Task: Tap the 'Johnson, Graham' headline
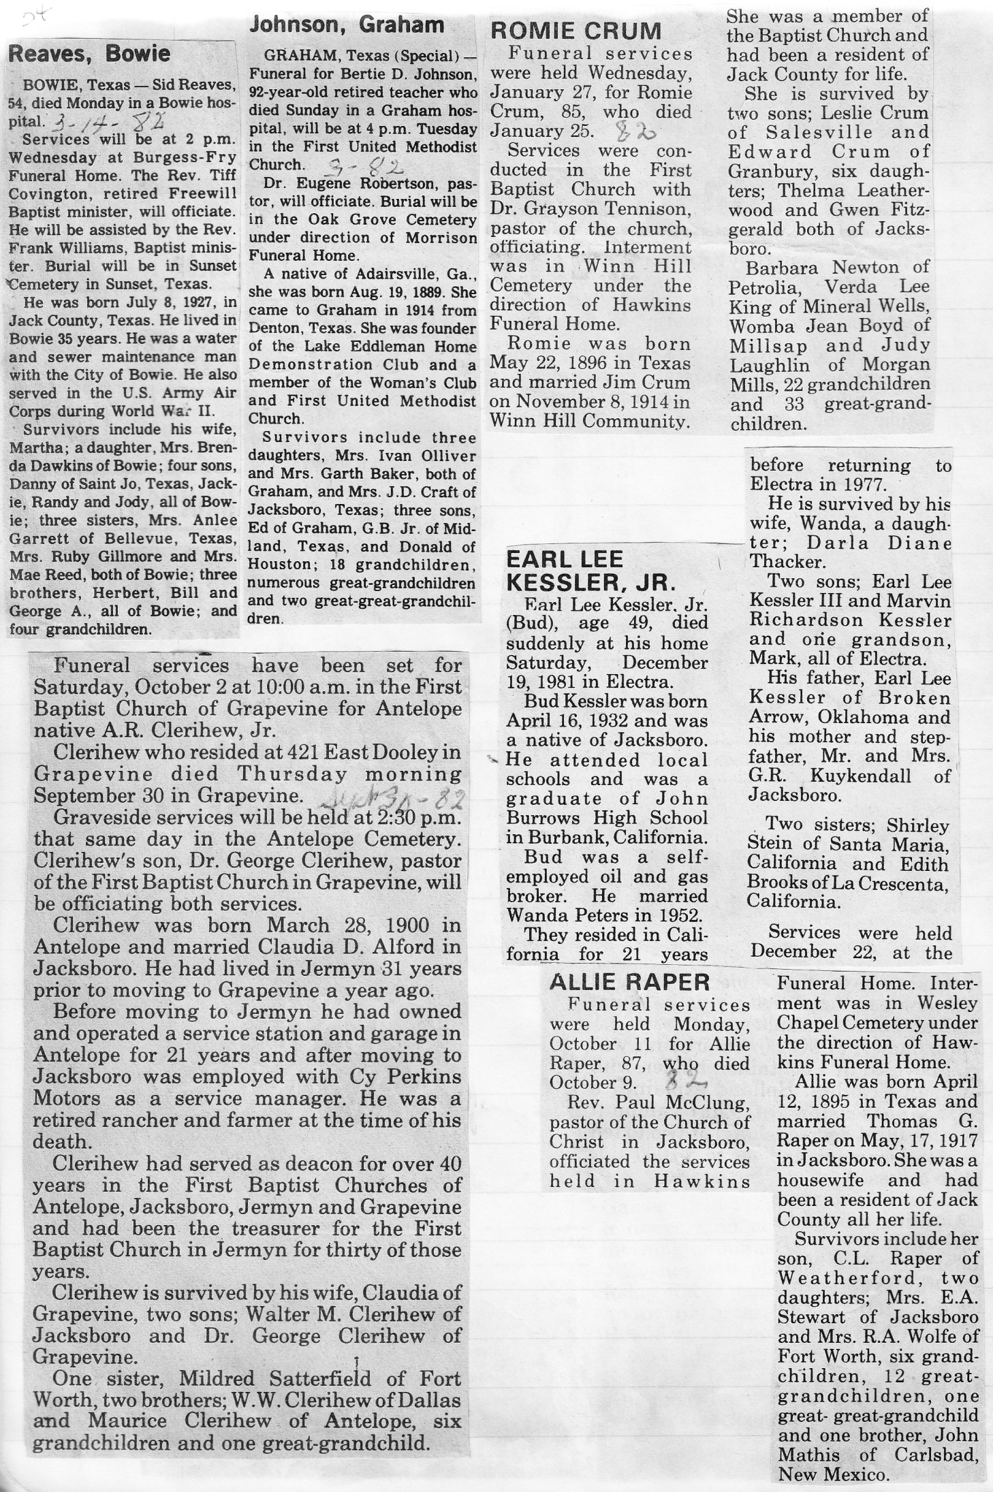pos(347,26)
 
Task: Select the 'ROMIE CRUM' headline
pos(576,31)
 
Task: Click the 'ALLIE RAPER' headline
pos(629,981)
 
